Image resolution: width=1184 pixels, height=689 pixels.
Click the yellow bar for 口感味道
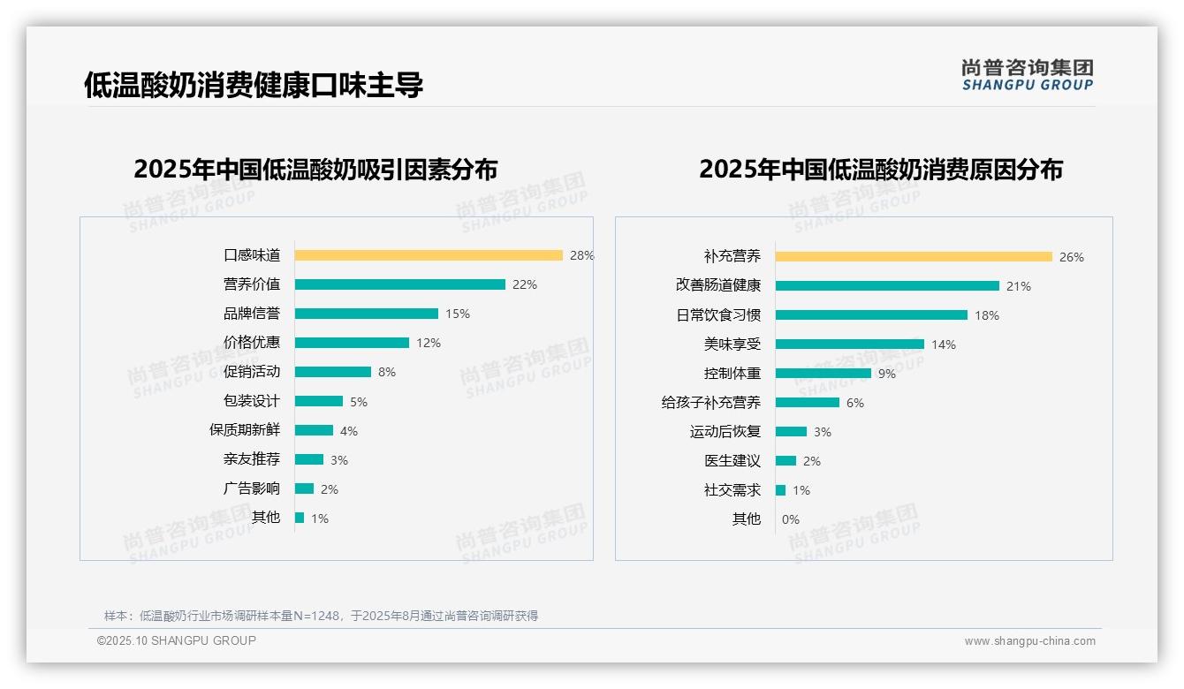click(x=429, y=255)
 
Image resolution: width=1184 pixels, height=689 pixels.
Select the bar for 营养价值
click(x=399, y=284)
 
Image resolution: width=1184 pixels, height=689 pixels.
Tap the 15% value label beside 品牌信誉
click(x=458, y=314)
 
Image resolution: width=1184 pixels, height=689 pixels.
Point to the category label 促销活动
click(x=252, y=372)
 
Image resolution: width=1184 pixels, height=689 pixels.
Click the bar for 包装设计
click(x=319, y=401)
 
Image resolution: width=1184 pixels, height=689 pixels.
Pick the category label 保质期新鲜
click(x=245, y=430)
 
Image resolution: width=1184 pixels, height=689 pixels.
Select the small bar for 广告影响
click(x=304, y=488)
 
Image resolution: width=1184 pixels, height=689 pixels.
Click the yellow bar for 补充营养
click(x=914, y=257)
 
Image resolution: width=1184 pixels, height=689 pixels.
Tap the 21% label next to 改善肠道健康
click(x=1019, y=286)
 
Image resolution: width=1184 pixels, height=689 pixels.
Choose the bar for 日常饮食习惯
click(x=871, y=315)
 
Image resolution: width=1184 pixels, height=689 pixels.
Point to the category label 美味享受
click(x=732, y=344)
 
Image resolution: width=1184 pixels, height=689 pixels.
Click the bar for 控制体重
click(x=823, y=374)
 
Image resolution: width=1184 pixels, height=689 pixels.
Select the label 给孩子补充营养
click(x=711, y=403)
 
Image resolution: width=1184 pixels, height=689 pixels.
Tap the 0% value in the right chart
click(x=790, y=519)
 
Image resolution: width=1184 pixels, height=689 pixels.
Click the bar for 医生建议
click(x=786, y=461)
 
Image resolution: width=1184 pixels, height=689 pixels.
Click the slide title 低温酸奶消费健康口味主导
click(x=254, y=85)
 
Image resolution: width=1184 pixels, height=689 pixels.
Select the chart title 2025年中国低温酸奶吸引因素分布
click(x=315, y=170)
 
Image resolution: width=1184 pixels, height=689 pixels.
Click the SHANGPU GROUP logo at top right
click(x=1028, y=75)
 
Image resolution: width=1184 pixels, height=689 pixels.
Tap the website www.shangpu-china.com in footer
click(x=1029, y=641)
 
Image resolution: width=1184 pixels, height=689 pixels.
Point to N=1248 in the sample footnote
click(x=316, y=616)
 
